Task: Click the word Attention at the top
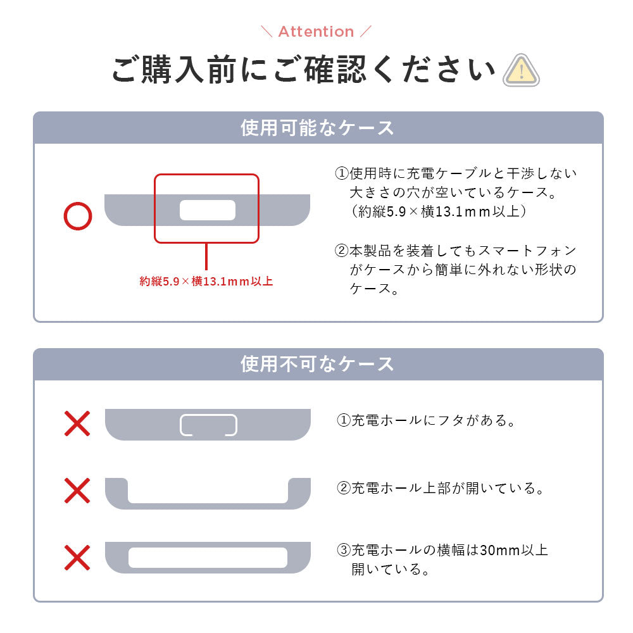pyautogui.click(x=316, y=32)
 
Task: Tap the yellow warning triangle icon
pyautogui.click(x=521, y=70)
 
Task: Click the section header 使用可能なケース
pyautogui.click(x=317, y=128)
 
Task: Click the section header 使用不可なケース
pyautogui.click(x=317, y=364)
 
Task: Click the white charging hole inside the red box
pyautogui.click(x=208, y=210)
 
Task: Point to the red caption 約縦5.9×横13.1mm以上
pyautogui.click(x=206, y=282)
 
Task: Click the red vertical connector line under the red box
pyautogui.click(x=206, y=257)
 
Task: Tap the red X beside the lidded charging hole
pyautogui.click(x=77, y=423)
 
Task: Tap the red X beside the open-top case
pyautogui.click(x=77, y=491)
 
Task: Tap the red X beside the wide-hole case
pyautogui.click(x=77, y=558)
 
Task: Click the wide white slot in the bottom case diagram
pyautogui.click(x=208, y=558)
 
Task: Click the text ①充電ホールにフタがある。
pyautogui.click(x=427, y=420)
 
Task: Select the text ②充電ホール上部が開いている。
pyautogui.click(x=441, y=488)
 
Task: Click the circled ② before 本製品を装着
pyautogui.click(x=342, y=251)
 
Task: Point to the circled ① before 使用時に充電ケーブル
pyautogui.click(x=342, y=173)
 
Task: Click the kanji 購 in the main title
pyautogui.click(x=157, y=70)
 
